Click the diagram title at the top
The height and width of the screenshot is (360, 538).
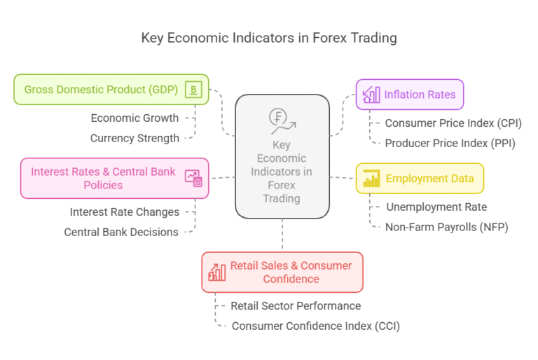tap(269, 38)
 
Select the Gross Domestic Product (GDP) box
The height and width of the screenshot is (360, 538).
tap(111, 90)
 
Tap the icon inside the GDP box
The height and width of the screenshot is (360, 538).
tap(193, 90)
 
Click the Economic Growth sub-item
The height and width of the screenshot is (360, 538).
tap(134, 118)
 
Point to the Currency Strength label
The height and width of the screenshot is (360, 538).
tap(134, 138)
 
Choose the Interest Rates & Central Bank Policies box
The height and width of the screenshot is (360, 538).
tap(115, 178)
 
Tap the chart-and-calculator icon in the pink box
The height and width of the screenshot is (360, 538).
tap(193, 178)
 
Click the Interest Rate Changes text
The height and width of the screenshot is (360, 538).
tap(125, 212)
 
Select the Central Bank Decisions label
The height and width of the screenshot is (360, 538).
tap(121, 232)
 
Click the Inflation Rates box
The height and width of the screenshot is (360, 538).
tap(410, 95)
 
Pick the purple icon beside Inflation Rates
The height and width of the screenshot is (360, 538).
tap(371, 95)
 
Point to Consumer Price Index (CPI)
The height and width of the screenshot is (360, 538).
tap(453, 123)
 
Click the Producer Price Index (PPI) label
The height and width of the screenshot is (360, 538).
tap(450, 143)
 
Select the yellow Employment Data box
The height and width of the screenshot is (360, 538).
tap(420, 179)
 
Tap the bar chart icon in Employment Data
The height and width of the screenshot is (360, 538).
tap(371, 179)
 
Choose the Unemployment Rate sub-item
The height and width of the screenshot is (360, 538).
tap(436, 207)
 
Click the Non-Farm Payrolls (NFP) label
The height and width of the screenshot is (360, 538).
tap(447, 227)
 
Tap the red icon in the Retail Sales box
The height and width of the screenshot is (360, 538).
tap(217, 272)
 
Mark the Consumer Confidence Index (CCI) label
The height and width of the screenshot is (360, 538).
tap(316, 326)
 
